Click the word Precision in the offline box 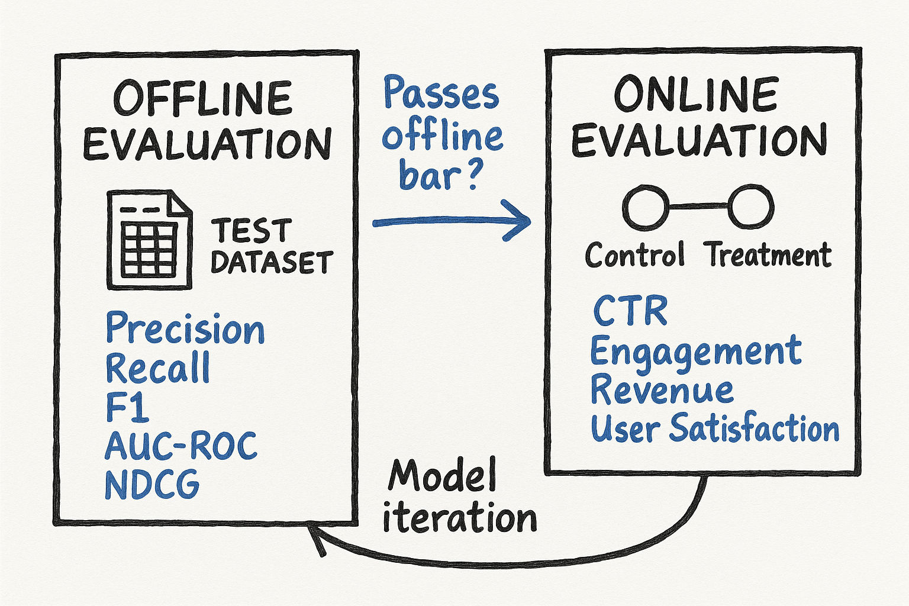(x=185, y=329)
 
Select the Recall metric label (x=157, y=368)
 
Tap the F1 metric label (x=127, y=407)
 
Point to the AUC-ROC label (x=181, y=446)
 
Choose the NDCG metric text (x=152, y=485)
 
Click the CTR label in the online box (x=630, y=311)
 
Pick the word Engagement (x=696, y=352)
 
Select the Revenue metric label (x=662, y=391)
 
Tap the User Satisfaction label (x=715, y=428)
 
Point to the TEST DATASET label (x=271, y=246)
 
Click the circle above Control (x=646, y=207)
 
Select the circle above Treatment (x=750, y=207)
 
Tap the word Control (x=635, y=256)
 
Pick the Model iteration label (x=459, y=497)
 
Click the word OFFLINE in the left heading (x=203, y=98)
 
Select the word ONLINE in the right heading (x=695, y=95)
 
